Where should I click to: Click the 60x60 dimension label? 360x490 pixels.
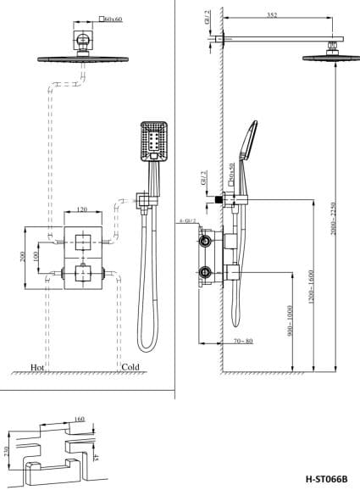point(113,17)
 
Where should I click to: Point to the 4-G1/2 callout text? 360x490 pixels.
point(188,220)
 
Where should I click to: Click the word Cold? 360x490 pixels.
point(130,369)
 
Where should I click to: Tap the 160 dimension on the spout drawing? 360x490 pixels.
point(80,419)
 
